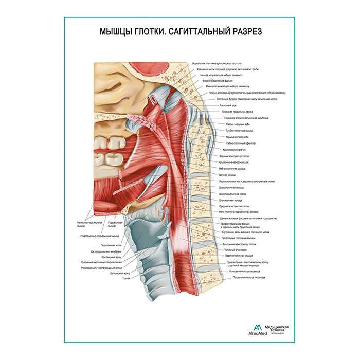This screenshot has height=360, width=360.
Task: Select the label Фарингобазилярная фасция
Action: [216, 81]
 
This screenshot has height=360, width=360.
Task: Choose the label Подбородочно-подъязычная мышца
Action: [98, 236]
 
